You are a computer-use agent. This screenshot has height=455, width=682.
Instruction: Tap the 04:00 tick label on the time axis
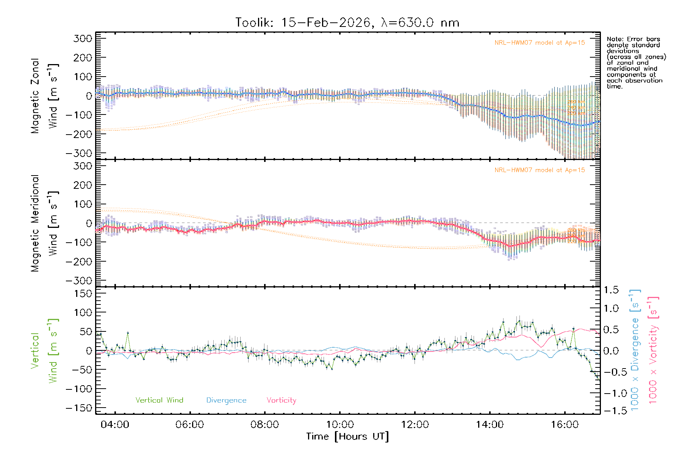coord(115,425)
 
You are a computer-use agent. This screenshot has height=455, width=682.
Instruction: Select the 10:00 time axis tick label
coord(340,425)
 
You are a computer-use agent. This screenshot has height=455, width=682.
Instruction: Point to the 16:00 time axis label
coord(565,425)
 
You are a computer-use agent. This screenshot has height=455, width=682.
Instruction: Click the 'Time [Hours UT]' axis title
coord(347,437)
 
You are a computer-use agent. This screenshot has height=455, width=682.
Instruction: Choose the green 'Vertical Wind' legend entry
coord(159,400)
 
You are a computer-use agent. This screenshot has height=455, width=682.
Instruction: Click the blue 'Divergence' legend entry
coord(226,400)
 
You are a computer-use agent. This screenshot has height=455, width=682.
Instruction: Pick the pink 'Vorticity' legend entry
coord(281,400)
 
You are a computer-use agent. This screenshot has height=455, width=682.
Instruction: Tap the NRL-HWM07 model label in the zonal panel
coord(540,42)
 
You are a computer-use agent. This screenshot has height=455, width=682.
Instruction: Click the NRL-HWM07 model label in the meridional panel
coord(540,170)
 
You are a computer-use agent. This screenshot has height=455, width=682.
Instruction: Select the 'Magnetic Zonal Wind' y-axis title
coord(45,96)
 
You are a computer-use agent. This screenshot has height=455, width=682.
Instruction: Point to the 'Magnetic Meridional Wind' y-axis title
coord(45,223)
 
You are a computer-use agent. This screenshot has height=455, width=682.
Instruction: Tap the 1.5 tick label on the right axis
coord(611,290)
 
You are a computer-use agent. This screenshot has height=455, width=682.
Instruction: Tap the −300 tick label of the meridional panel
coord(79,281)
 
